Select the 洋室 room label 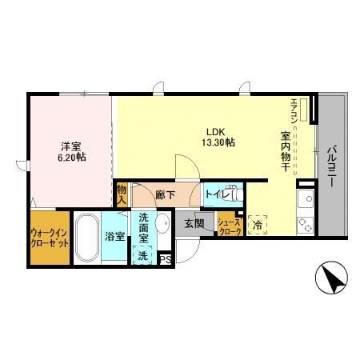(x=72, y=146)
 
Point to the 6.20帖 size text (x=72, y=158)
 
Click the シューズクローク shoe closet (x=229, y=225)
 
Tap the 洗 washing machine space (x=142, y=255)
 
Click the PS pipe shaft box (x=165, y=258)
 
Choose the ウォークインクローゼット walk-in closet (x=49, y=237)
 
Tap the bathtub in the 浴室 (x=87, y=237)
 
